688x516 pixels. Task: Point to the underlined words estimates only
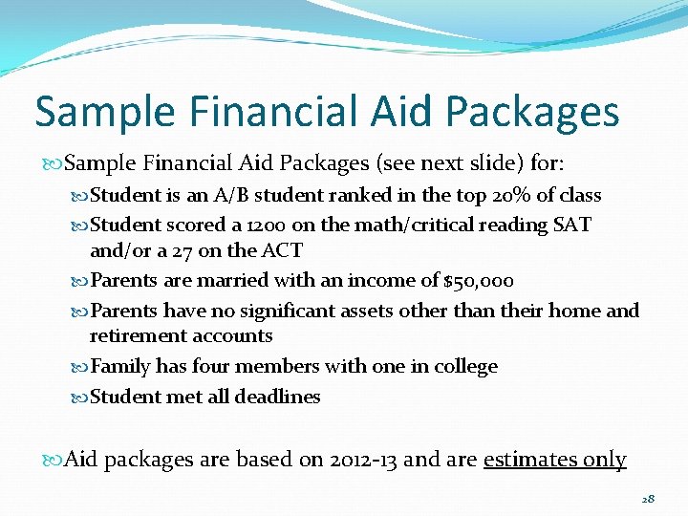coord(554,460)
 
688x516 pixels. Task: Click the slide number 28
coord(648,499)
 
